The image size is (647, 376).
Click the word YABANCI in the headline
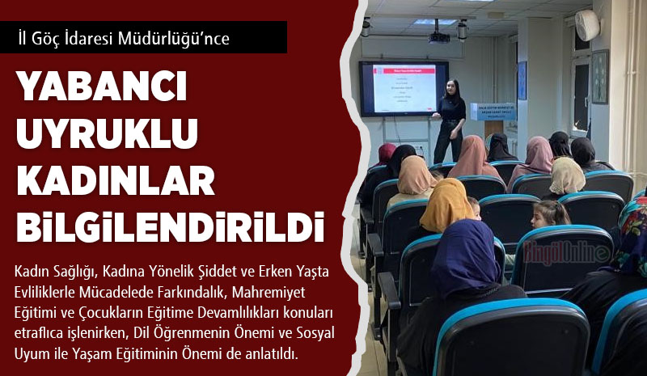(102, 86)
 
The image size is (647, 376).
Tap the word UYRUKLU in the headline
(108, 133)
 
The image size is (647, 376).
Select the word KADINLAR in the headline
(116, 180)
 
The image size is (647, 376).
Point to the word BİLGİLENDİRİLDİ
(171, 227)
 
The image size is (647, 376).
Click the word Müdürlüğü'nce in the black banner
(173, 38)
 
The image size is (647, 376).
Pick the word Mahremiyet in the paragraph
(269, 292)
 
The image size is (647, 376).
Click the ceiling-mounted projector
(438, 36)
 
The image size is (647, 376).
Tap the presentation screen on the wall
(404, 89)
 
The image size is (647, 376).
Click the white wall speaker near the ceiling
(587, 25)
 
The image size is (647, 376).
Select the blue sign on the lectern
(493, 112)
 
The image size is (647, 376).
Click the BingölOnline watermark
(567, 252)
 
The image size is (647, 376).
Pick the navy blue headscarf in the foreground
(466, 260)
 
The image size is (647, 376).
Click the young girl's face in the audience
(539, 217)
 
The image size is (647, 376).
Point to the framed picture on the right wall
(600, 77)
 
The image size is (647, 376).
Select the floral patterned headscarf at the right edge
(632, 236)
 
